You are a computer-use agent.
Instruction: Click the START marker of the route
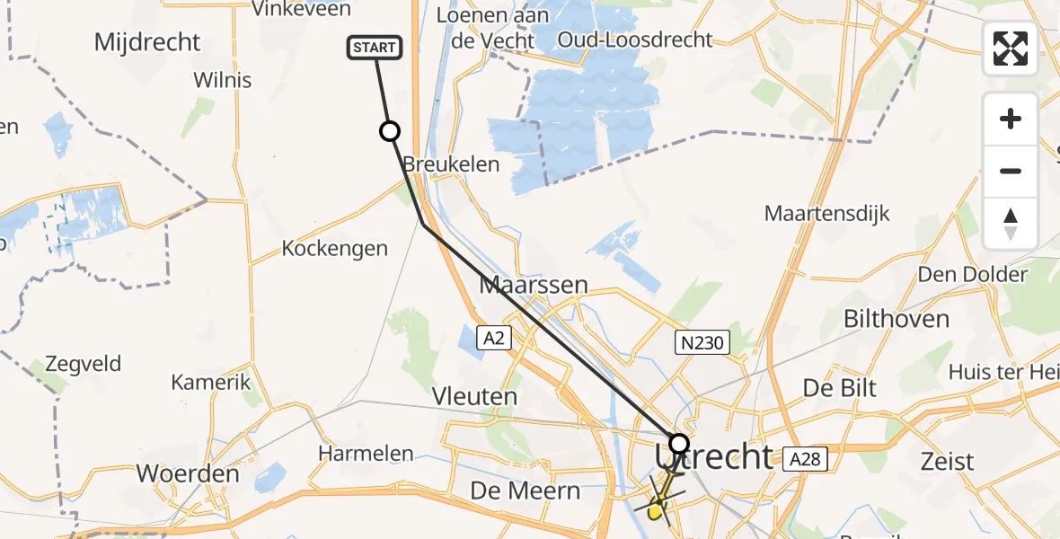pyautogui.click(x=375, y=49)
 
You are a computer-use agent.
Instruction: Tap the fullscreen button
pyautogui.click(x=1011, y=49)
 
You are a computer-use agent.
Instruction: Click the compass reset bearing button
pyautogui.click(x=1011, y=224)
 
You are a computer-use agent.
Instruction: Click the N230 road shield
pyautogui.click(x=702, y=341)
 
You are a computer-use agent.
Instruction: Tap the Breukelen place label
pyautogui.click(x=451, y=164)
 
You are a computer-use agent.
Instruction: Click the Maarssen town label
pyautogui.click(x=534, y=286)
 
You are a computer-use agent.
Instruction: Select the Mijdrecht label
pyautogui.click(x=147, y=42)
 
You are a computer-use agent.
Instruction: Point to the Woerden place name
pyautogui.click(x=188, y=473)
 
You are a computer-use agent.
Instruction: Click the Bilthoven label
pyautogui.click(x=897, y=319)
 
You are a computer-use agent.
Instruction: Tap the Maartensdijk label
pyautogui.click(x=826, y=214)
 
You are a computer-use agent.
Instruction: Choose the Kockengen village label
pyautogui.click(x=334, y=249)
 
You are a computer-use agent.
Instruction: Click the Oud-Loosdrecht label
pyautogui.click(x=634, y=40)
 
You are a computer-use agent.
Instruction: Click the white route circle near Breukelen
pyautogui.click(x=390, y=132)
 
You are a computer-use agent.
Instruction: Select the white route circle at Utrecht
pyautogui.click(x=679, y=444)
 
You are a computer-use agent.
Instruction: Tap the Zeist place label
pyautogui.click(x=947, y=462)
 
